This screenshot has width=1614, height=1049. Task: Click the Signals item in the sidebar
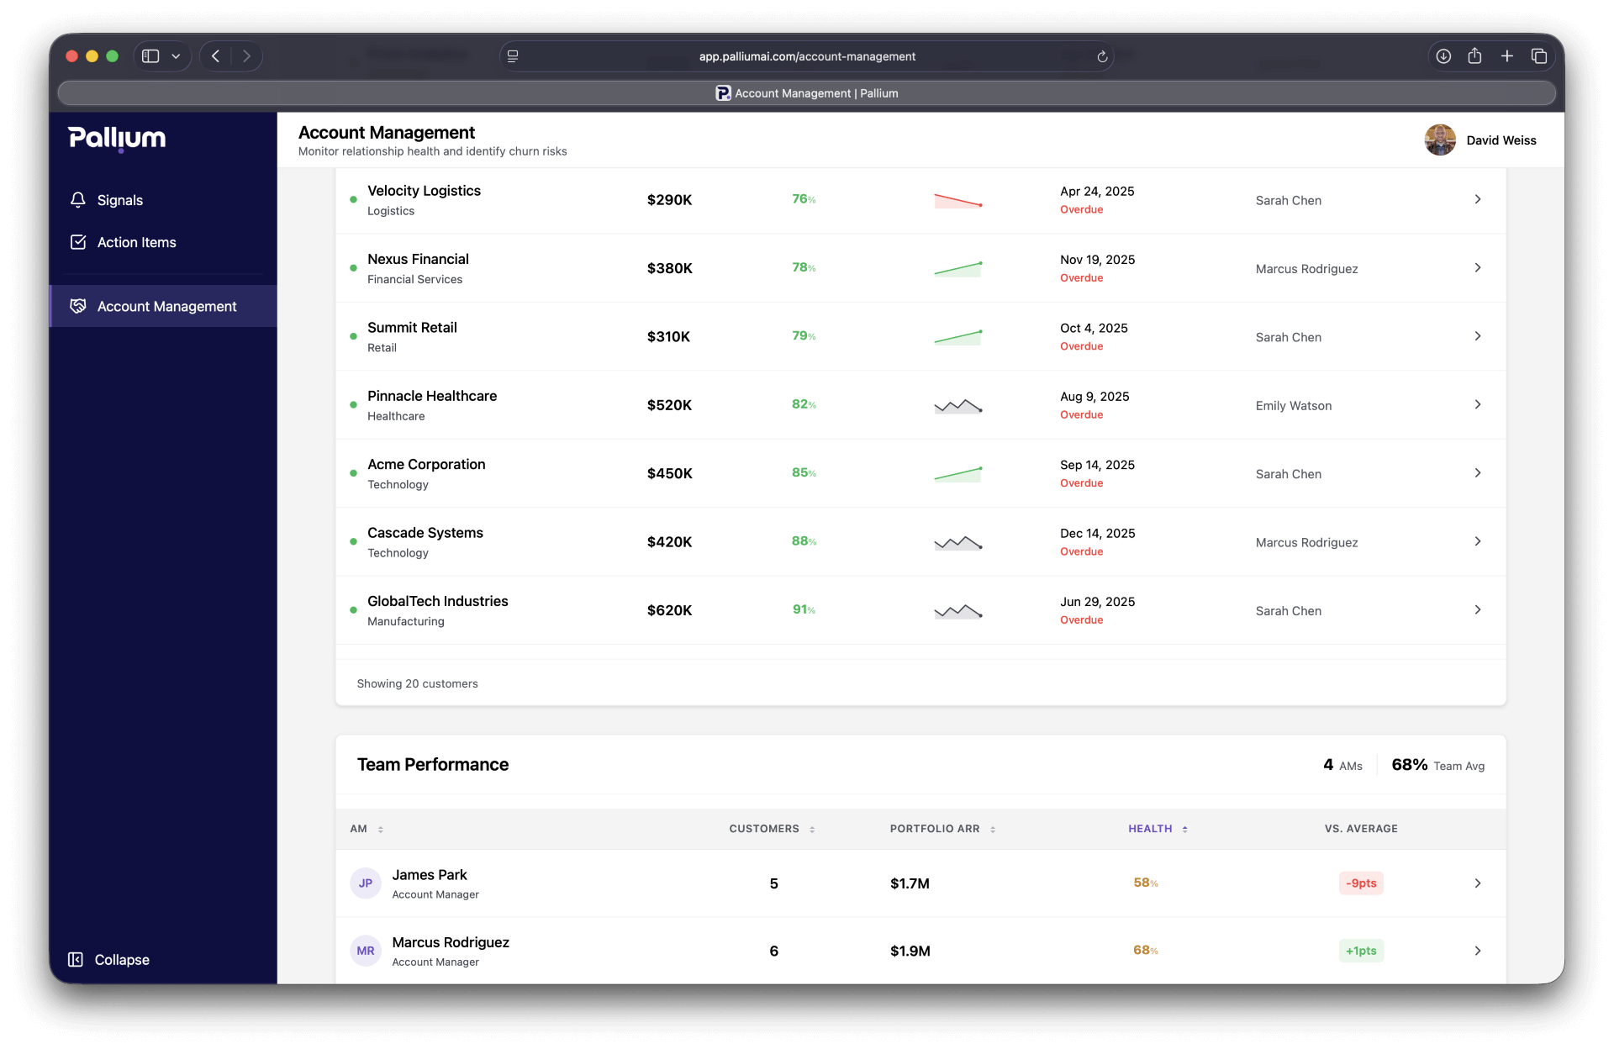(x=119, y=200)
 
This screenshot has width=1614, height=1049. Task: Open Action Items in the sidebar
(x=136, y=242)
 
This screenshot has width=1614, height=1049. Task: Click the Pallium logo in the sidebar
(x=117, y=138)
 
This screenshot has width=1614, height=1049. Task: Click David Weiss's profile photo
(x=1439, y=140)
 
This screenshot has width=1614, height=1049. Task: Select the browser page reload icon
(x=1102, y=56)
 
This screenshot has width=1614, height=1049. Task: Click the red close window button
(x=72, y=56)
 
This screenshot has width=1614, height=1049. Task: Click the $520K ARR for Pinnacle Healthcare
(x=669, y=405)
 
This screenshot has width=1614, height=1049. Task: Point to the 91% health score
(x=804, y=609)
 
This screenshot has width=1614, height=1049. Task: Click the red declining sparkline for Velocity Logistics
(x=957, y=200)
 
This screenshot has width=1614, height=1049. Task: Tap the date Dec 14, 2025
(x=1097, y=533)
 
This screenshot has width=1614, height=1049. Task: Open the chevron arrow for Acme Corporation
(x=1477, y=473)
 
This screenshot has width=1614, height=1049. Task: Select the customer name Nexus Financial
(x=418, y=259)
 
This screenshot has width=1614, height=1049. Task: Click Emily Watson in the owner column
(x=1293, y=406)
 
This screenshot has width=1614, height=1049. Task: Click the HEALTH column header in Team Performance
(x=1150, y=829)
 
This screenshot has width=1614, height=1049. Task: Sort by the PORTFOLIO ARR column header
(x=935, y=829)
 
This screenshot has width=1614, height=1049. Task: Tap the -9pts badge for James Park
(x=1360, y=883)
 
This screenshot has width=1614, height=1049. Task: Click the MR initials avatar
(x=366, y=951)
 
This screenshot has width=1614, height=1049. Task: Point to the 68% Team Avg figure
(x=1409, y=765)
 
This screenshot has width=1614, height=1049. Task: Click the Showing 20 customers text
(x=417, y=683)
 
